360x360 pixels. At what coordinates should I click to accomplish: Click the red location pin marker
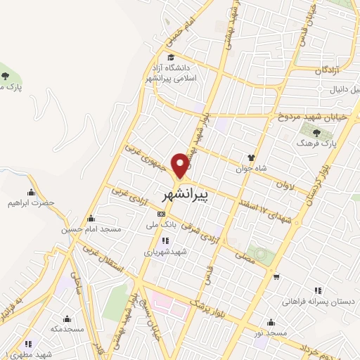pos(182,165)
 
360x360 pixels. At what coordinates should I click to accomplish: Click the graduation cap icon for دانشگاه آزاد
pos(170,58)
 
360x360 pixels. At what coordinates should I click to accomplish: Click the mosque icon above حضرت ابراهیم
pos(31,193)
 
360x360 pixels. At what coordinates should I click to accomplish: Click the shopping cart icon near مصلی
pos(277,276)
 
